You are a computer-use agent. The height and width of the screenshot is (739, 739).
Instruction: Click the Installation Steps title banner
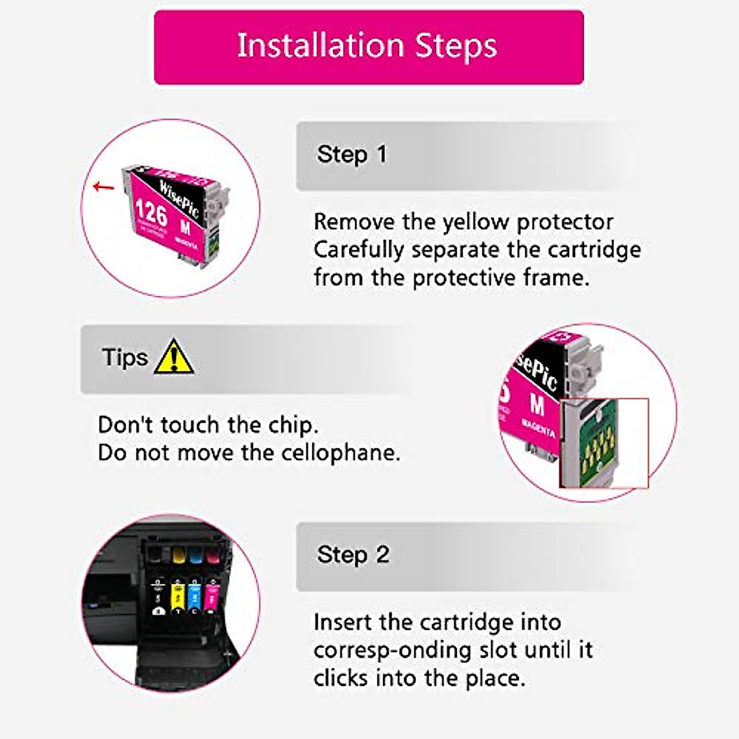(368, 47)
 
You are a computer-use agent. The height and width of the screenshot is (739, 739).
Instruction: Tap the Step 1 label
(352, 155)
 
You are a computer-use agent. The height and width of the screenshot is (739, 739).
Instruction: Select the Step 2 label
(353, 555)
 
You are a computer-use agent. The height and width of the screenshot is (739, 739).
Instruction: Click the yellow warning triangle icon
(174, 358)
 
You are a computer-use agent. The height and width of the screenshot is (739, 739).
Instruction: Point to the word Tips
(125, 358)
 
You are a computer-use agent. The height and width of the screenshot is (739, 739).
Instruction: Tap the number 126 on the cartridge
(151, 213)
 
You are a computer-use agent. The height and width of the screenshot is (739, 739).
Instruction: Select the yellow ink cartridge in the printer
(178, 595)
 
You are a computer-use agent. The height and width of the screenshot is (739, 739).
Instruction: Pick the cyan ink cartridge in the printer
(195, 595)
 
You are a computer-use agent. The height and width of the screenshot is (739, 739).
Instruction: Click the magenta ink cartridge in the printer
(212, 595)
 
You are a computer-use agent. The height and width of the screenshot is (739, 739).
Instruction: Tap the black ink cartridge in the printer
(160, 595)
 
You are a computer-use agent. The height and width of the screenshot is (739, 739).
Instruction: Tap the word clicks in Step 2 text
(341, 679)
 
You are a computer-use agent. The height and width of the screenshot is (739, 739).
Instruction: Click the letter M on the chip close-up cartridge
(537, 405)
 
